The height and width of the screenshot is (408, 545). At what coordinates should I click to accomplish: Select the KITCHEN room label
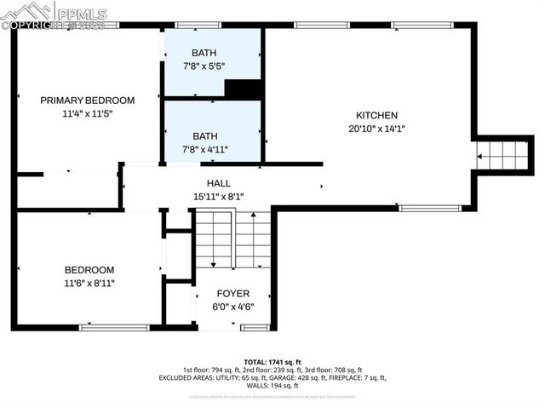(x=376, y=116)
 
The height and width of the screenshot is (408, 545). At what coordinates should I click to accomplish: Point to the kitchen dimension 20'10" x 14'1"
(x=376, y=129)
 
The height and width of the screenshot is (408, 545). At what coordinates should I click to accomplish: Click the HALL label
(x=218, y=183)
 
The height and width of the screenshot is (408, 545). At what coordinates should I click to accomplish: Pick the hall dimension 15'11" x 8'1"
(x=218, y=196)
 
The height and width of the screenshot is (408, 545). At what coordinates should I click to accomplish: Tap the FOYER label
(x=233, y=294)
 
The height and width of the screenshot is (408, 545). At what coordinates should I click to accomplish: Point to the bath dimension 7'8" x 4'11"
(x=204, y=148)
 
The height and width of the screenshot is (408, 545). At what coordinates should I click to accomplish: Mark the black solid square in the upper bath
(x=242, y=89)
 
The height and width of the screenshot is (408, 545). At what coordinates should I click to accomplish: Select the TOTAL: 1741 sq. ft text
(x=272, y=362)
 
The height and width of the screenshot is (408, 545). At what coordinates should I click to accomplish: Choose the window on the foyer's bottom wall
(x=255, y=327)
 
